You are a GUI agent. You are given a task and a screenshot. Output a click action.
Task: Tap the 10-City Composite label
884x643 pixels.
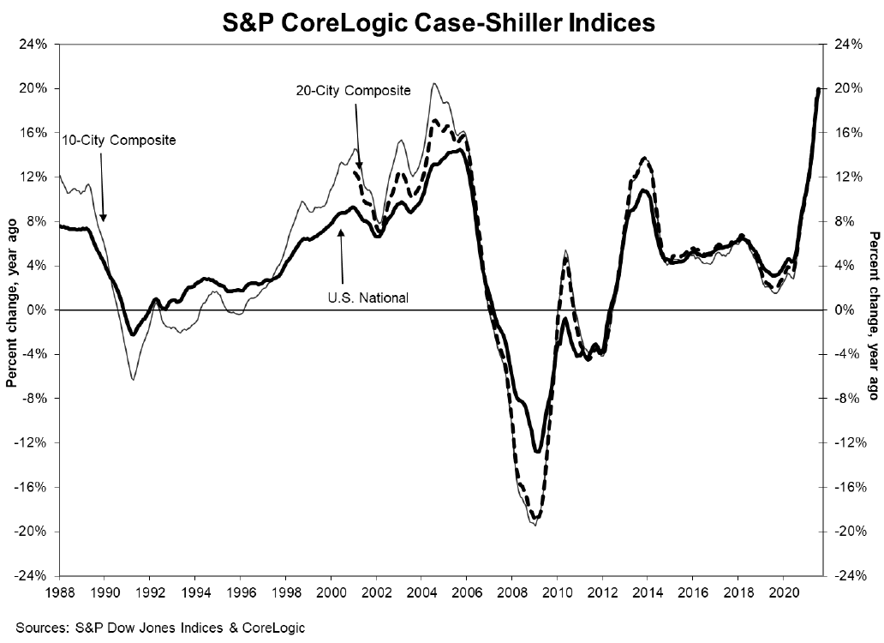[x=119, y=139]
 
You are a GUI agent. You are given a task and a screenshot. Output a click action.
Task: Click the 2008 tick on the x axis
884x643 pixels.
[x=511, y=591]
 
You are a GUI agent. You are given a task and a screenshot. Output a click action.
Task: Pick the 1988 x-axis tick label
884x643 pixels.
[x=60, y=591]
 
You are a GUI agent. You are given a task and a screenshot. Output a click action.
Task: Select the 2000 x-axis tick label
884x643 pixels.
[x=331, y=591]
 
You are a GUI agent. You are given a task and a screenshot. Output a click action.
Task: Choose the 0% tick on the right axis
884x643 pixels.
[x=839, y=310]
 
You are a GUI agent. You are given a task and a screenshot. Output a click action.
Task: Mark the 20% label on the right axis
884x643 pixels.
[x=842, y=88]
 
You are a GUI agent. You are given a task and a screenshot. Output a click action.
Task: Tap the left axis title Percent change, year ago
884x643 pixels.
[x=12, y=309]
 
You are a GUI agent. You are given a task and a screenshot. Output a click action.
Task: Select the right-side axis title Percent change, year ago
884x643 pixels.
[x=874, y=309]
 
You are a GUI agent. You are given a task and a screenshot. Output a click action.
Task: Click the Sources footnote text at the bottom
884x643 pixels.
[x=158, y=628]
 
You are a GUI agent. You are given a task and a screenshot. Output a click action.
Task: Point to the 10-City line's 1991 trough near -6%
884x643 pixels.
[x=133, y=379]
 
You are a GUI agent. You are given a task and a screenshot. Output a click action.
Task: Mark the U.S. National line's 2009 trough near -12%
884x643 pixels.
[x=537, y=451]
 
